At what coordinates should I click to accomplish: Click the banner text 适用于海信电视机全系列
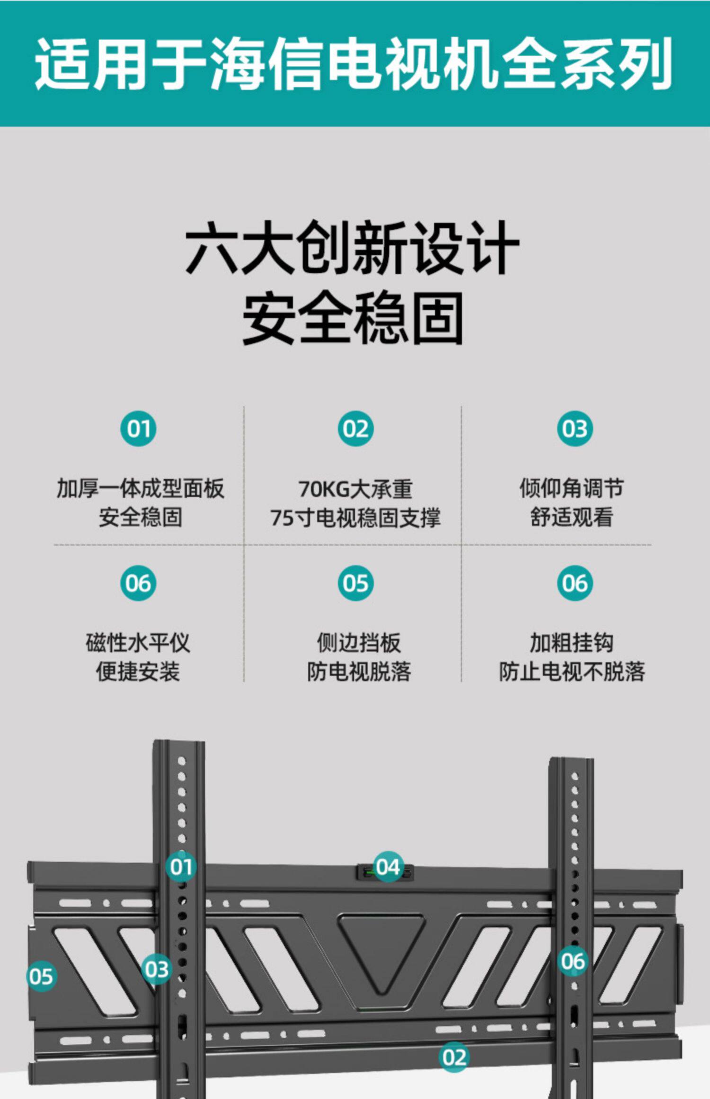click(x=354, y=63)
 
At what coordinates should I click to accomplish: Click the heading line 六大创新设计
click(x=352, y=248)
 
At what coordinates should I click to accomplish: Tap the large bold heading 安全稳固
click(x=353, y=318)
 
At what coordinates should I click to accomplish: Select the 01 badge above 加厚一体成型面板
click(x=138, y=429)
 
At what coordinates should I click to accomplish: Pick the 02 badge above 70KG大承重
click(x=355, y=429)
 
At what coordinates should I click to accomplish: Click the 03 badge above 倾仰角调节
click(x=575, y=429)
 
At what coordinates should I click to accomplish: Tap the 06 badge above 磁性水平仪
click(x=138, y=583)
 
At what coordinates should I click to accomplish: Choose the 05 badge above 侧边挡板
click(x=355, y=583)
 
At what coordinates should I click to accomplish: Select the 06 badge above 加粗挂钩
click(x=575, y=583)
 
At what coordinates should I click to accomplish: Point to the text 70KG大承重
click(x=355, y=489)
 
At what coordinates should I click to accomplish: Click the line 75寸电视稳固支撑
click(x=355, y=517)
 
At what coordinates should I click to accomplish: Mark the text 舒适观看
click(x=572, y=517)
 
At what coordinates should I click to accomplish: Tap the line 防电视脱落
click(x=359, y=672)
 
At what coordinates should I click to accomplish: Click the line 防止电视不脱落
click(x=572, y=672)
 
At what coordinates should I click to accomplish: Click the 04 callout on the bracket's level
click(x=388, y=867)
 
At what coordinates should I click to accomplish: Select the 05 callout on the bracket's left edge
click(x=41, y=976)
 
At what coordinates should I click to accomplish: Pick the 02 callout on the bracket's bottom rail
click(x=454, y=1057)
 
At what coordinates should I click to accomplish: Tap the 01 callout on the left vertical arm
click(x=181, y=867)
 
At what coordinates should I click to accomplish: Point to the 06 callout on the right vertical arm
click(x=573, y=961)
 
